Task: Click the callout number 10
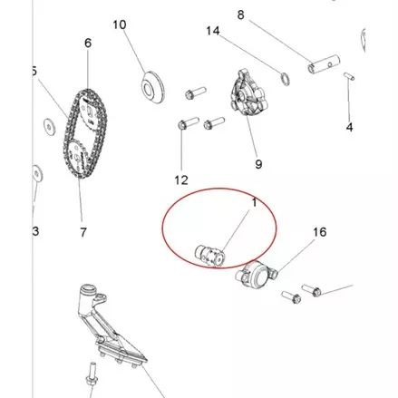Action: pyautogui.click(x=120, y=24)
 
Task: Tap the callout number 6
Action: pyautogui.click(x=88, y=44)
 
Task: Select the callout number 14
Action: pyautogui.click(x=213, y=31)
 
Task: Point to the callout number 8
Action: pyautogui.click(x=240, y=15)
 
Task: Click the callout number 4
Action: pyautogui.click(x=349, y=127)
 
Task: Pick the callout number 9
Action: pyautogui.click(x=258, y=164)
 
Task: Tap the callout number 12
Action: pyautogui.click(x=181, y=180)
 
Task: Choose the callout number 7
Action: pyautogui.click(x=83, y=232)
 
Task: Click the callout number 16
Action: pyautogui.click(x=320, y=232)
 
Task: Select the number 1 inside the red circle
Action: pyautogui.click(x=254, y=203)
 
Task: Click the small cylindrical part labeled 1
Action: pyautogui.click(x=210, y=256)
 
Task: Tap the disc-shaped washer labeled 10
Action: pyautogui.click(x=153, y=87)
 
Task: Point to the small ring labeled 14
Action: pyautogui.click(x=286, y=79)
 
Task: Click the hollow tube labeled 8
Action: pyautogui.click(x=325, y=64)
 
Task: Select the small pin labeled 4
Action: pyautogui.click(x=349, y=76)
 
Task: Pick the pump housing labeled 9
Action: pyautogui.click(x=248, y=92)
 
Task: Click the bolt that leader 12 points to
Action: pyautogui.click(x=188, y=123)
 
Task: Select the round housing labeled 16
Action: pyautogui.click(x=256, y=276)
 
